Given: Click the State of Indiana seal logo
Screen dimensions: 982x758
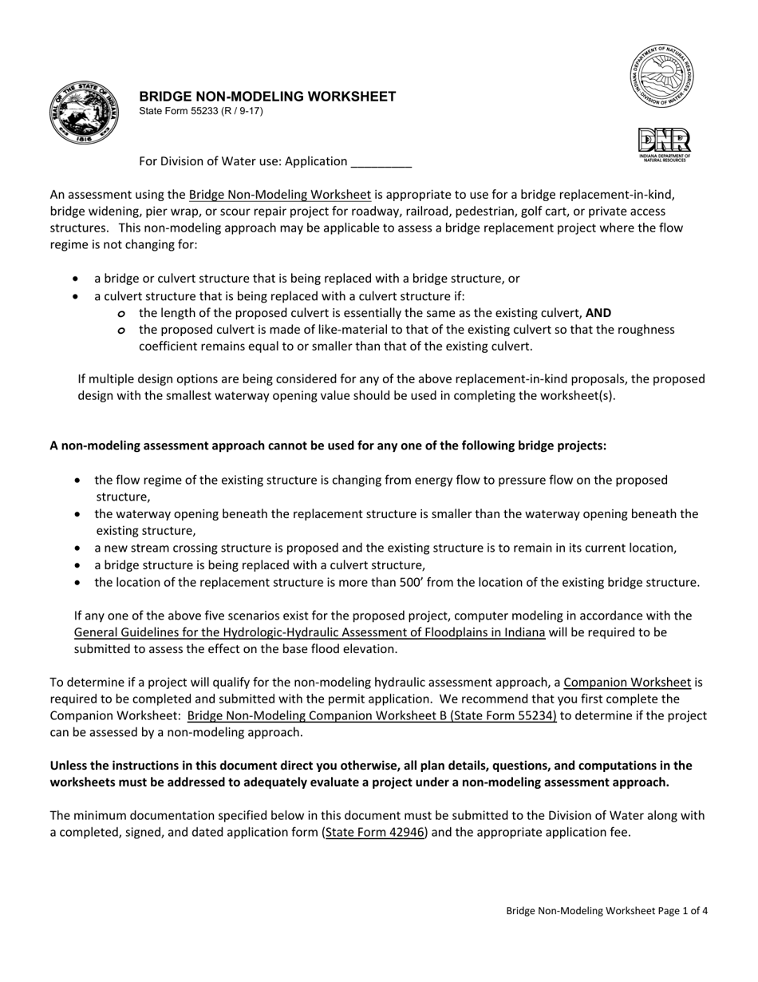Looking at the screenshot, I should click(x=84, y=113).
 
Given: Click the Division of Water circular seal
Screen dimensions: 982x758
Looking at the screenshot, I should click(x=661, y=77).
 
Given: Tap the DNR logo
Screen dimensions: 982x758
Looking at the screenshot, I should click(x=664, y=145).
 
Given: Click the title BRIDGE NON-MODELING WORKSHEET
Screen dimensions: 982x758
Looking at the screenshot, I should click(x=267, y=97).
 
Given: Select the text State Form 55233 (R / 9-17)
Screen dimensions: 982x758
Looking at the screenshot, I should click(x=201, y=111).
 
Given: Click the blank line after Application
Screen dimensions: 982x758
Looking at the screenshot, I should click(x=381, y=162).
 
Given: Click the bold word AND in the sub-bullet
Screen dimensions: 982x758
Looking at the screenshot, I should click(x=598, y=313).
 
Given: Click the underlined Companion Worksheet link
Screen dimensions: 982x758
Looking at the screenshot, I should click(x=626, y=683).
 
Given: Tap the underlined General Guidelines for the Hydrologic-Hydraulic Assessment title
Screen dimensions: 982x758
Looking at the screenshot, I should click(x=310, y=632).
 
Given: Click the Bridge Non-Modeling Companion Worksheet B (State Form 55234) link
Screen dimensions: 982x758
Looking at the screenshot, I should click(x=372, y=716).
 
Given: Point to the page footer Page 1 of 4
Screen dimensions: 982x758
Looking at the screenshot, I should click(x=606, y=910).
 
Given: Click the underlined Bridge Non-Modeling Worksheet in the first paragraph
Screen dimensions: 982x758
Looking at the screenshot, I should click(x=279, y=194).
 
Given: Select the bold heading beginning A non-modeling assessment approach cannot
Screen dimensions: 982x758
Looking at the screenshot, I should click(x=328, y=445).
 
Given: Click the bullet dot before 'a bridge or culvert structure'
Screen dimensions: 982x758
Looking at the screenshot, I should click(x=76, y=279).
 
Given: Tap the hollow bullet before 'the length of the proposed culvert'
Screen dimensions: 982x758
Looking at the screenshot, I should click(x=121, y=314).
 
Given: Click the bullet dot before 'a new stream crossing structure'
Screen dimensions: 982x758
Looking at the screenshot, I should click(x=77, y=548).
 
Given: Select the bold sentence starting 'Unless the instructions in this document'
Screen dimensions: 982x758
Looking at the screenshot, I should click(x=371, y=774).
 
